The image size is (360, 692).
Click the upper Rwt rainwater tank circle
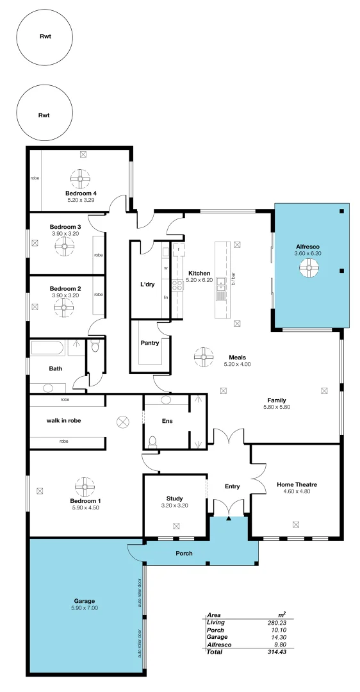45,37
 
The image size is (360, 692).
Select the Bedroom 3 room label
65,227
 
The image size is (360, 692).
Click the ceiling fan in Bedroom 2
64,308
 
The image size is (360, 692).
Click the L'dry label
147,284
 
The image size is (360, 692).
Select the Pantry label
150,343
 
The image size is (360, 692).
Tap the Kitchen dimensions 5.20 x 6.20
199,280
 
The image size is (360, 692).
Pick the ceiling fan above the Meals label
204,354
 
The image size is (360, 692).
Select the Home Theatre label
297,484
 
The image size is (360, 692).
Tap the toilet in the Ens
152,441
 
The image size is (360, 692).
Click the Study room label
174,498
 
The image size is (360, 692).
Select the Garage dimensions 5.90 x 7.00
85,607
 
